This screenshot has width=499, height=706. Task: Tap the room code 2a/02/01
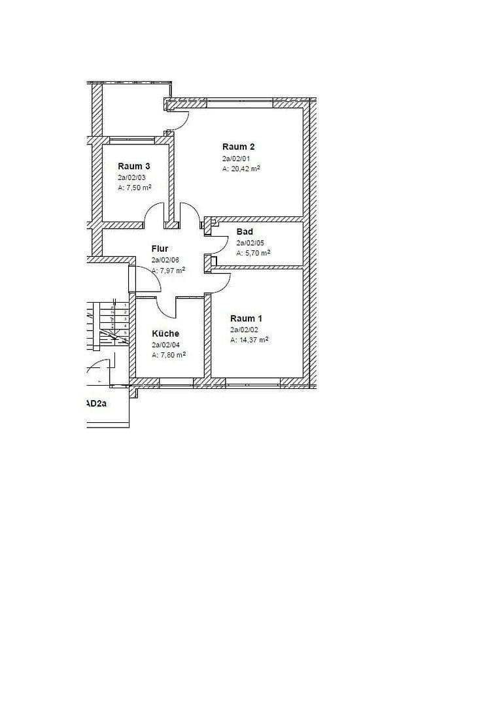(x=235, y=158)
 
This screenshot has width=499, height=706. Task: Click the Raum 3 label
(x=133, y=166)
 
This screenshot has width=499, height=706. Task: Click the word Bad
(x=245, y=231)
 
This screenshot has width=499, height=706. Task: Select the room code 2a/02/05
(x=249, y=243)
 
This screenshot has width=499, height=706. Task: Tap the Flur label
(x=160, y=248)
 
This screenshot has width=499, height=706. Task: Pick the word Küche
(x=165, y=333)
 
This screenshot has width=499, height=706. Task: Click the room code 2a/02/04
(x=165, y=345)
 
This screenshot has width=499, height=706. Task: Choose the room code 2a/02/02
(x=243, y=329)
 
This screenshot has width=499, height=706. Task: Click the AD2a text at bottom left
(x=96, y=404)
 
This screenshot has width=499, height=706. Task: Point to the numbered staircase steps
(x=118, y=320)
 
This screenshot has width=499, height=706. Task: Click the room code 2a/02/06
(x=164, y=260)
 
